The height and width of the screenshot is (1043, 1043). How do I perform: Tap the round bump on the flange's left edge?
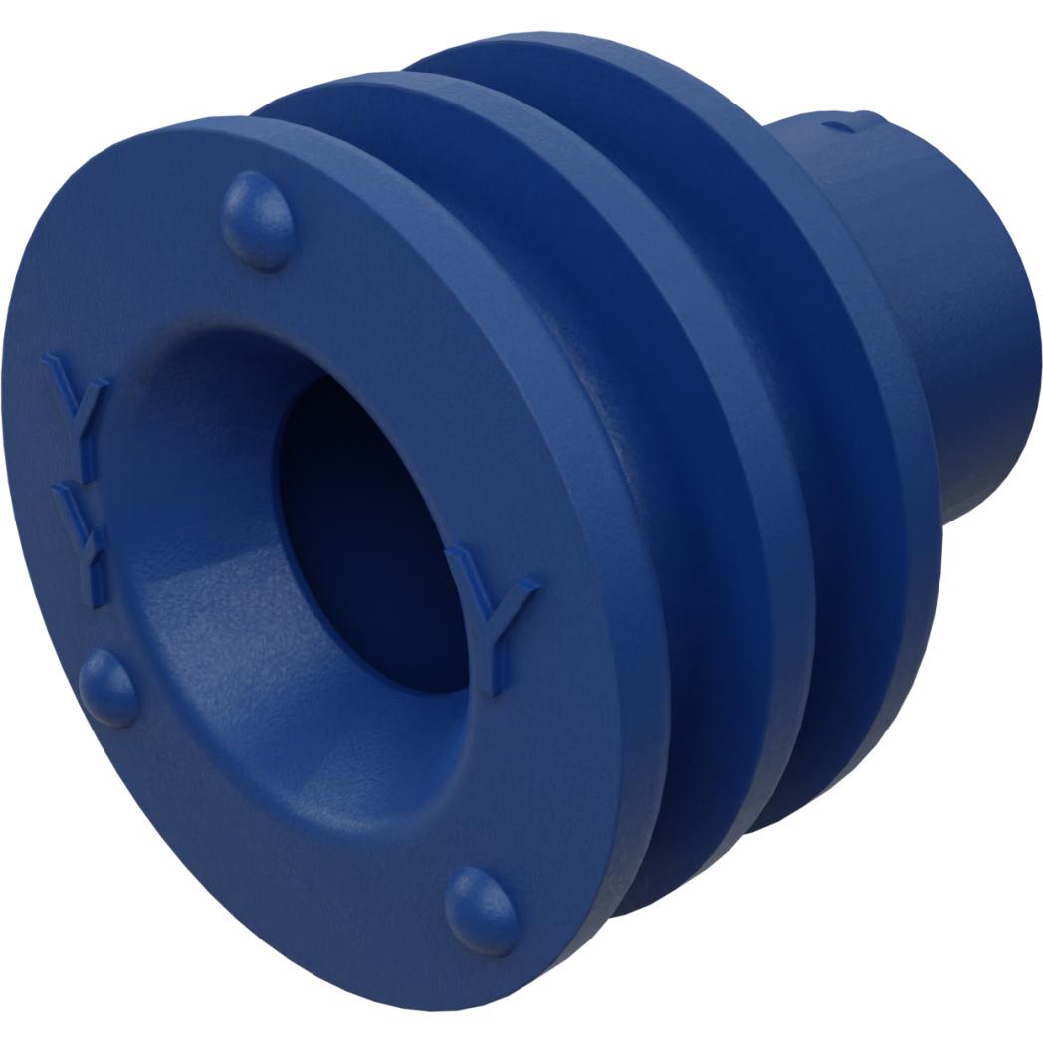(107, 688)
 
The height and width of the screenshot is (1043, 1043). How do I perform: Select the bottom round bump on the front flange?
(482, 909)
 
